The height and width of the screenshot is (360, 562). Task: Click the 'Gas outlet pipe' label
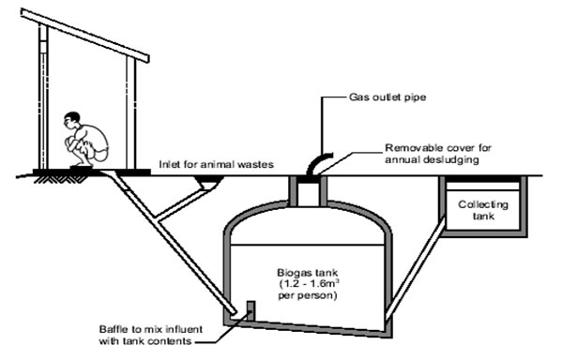pos(387,97)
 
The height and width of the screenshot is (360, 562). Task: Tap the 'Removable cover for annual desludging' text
pos(438,154)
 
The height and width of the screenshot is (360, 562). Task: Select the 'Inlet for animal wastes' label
pos(216,164)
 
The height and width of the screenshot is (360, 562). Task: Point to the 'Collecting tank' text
pos(483,210)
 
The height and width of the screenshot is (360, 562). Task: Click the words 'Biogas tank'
pos(308,272)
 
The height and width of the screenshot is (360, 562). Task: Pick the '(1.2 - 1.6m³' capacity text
pos(309,284)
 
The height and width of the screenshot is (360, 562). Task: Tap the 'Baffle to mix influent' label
pos(151,329)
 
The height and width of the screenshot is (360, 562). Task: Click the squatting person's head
pos(72,120)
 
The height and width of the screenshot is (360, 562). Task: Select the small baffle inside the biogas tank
pos(251,311)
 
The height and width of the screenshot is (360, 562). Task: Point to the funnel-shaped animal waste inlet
pos(208,182)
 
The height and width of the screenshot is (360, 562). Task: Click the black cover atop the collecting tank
pos(483,179)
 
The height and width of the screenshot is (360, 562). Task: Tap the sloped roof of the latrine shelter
pos(85,36)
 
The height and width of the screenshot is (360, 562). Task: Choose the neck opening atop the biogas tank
pos(309,191)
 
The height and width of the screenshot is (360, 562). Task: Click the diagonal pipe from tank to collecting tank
pos(416,268)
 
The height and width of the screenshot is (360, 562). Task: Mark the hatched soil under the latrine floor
pos(60,179)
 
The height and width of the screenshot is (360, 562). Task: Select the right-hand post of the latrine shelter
pos(130,112)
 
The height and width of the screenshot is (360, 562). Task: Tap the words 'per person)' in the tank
pos(308,296)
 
